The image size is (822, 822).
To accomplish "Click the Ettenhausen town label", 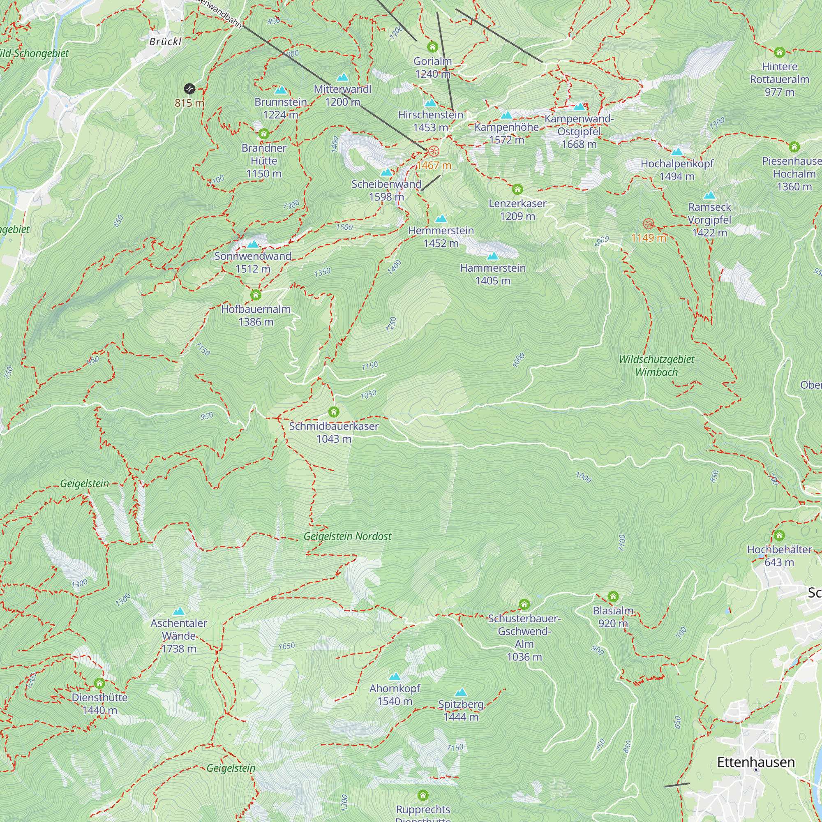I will pyautogui.click(x=756, y=762).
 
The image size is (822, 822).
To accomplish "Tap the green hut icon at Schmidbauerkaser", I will pyautogui.click(x=334, y=412).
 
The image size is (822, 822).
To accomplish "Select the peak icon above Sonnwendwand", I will pyautogui.click(x=253, y=244).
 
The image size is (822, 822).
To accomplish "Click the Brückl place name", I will pyautogui.click(x=166, y=41).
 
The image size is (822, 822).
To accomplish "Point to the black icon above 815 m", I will pyautogui.click(x=189, y=89).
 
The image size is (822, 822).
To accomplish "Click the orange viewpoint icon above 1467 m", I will pyautogui.click(x=434, y=151).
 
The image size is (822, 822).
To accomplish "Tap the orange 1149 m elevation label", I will pyautogui.click(x=648, y=238).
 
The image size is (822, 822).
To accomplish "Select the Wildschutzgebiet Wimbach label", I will pyautogui.click(x=656, y=365).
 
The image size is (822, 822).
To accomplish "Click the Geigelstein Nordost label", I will pyautogui.click(x=347, y=536).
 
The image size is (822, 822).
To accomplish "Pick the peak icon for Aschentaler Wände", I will pyautogui.click(x=179, y=612).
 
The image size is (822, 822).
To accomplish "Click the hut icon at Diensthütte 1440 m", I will pyautogui.click(x=99, y=683).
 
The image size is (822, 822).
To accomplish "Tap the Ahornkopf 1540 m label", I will pyautogui.click(x=395, y=694).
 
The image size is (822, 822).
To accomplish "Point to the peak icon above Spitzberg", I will pyautogui.click(x=461, y=692).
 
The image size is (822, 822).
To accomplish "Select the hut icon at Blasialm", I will pyautogui.click(x=613, y=596).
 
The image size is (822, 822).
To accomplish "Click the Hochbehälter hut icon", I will pyautogui.click(x=779, y=535).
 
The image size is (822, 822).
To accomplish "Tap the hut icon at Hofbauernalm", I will pyautogui.click(x=256, y=295).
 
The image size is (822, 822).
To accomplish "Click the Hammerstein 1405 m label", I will pyautogui.click(x=493, y=274).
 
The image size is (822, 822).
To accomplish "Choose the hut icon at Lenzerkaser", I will pyautogui.click(x=517, y=189).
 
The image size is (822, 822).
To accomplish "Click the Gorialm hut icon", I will pyautogui.click(x=433, y=47).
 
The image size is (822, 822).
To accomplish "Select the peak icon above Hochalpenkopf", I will pyautogui.click(x=677, y=152).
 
